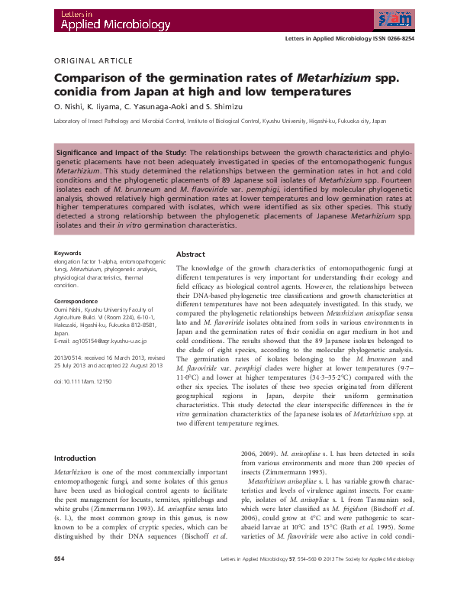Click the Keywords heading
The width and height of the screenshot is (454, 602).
click(68, 253)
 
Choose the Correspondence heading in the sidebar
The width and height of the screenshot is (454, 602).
click(76, 302)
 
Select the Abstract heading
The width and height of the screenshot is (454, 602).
click(192, 254)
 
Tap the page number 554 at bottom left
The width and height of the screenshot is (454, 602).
click(59, 581)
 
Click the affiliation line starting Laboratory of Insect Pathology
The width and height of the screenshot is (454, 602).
click(220, 121)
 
